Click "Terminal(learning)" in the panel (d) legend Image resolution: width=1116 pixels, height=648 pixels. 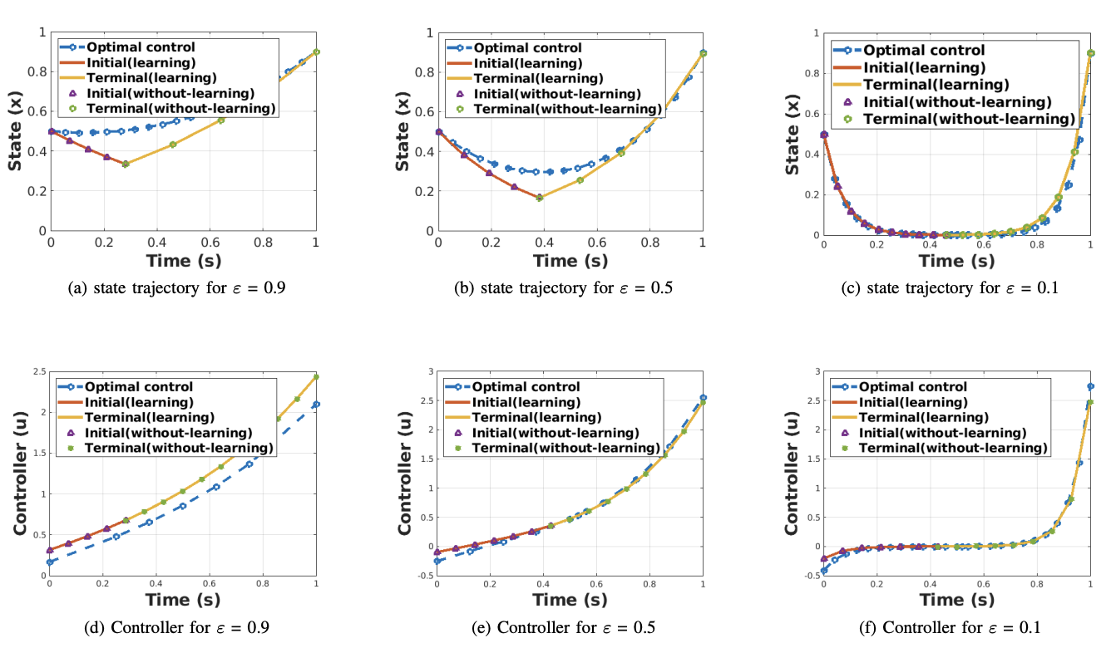pyautogui.click(x=149, y=417)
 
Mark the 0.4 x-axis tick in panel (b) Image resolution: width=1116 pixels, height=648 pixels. pyautogui.click(x=544, y=243)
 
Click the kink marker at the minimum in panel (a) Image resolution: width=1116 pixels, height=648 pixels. pyautogui.click(x=126, y=164)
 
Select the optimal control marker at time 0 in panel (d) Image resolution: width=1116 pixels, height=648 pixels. pyautogui.click(x=50, y=562)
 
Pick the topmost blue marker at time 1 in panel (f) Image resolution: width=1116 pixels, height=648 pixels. pyautogui.click(x=1090, y=386)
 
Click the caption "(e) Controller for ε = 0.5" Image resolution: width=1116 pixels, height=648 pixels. pyautogui.click(x=570, y=627)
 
